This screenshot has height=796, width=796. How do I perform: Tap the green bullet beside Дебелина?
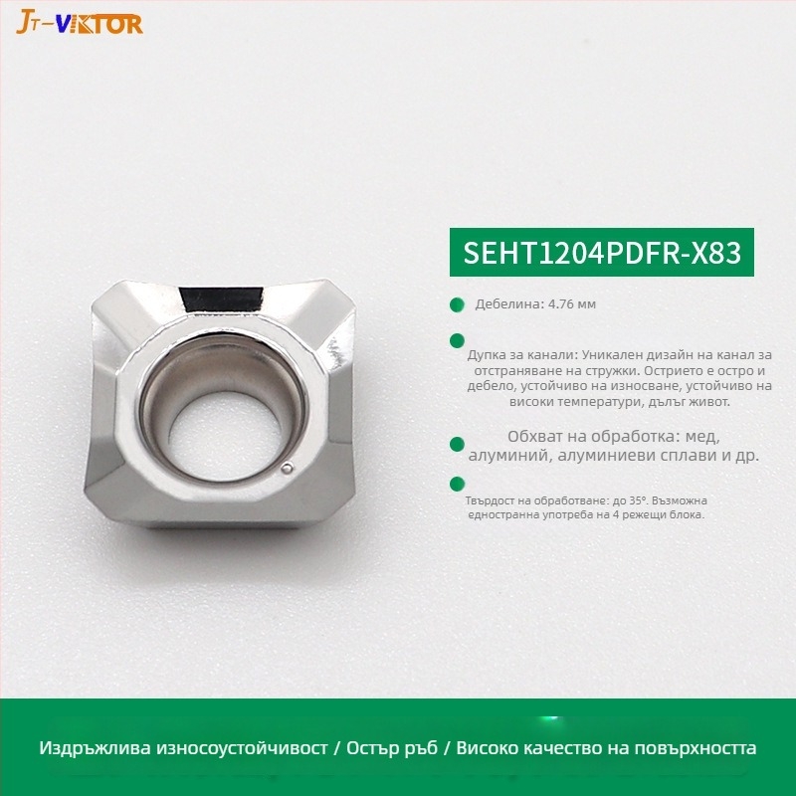[457, 304]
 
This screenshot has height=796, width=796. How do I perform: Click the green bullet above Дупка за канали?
[457, 339]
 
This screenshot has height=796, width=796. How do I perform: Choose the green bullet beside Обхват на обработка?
[457, 445]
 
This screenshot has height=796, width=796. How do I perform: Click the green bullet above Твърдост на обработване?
[457, 483]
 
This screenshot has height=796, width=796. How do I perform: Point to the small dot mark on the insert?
[286, 468]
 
